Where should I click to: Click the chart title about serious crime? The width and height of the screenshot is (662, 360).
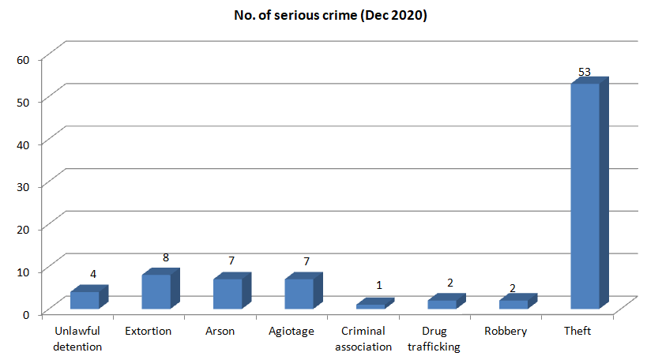pyautogui.click(x=330, y=15)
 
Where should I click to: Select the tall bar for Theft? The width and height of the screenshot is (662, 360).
pyautogui.click(x=589, y=193)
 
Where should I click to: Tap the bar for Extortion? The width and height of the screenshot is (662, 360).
pyautogui.click(x=161, y=288)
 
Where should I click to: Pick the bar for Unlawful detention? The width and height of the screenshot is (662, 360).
pyautogui.click(x=89, y=297)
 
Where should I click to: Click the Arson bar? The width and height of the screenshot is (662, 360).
pyautogui.click(x=232, y=291)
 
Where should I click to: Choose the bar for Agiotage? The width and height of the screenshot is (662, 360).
pyautogui.click(x=303, y=291)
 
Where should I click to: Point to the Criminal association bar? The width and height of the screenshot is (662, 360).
pyautogui.click(x=375, y=303)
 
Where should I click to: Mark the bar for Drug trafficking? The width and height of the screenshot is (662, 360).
pyautogui.click(x=446, y=302)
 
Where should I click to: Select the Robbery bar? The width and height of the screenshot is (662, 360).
pyautogui.click(x=518, y=302)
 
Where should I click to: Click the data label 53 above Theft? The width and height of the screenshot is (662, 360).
pyautogui.click(x=585, y=72)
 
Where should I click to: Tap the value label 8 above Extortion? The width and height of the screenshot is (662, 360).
pyautogui.click(x=166, y=257)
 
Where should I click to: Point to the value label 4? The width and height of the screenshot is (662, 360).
pyautogui.click(x=93, y=274)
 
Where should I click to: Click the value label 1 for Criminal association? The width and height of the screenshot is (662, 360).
pyautogui.click(x=379, y=285)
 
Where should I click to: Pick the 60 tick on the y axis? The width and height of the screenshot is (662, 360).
pyautogui.click(x=23, y=60)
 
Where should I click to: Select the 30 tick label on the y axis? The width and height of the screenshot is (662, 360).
pyautogui.click(x=23, y=187)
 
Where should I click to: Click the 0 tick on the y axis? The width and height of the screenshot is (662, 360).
pyautogui.click(x=26, y=314)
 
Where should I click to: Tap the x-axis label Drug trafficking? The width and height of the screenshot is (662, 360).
pyautogui.click(x=434, y=339)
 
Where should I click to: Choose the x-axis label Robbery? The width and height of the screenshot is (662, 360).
pyautogui.click(x=506, y=331)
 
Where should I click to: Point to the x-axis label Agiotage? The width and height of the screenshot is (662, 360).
pyautogui.click(x=292, y=332)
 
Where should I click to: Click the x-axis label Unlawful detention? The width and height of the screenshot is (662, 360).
pyautogui.click(x=77, y=339)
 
